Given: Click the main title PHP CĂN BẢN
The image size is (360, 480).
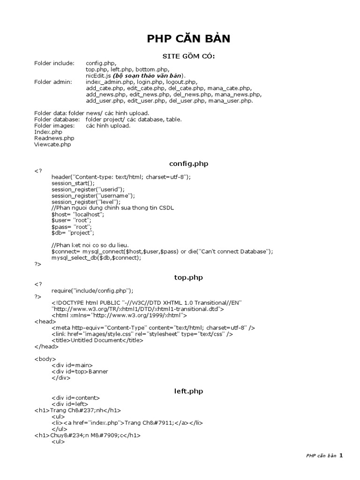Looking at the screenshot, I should (x=188, y=39).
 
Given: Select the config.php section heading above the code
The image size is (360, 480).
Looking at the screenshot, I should (x=188, y=164).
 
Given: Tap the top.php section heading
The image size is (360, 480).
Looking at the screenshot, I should (x=188, y=277).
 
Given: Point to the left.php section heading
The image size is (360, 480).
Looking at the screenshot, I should (x=188, y=391).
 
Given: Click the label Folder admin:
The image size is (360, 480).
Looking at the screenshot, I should (x=53, y=82).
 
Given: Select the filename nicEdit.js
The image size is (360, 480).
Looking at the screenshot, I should (x=98, y=75).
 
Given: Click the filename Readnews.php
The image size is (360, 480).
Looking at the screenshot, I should (x=54, y=138).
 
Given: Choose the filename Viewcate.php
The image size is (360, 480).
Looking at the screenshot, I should (x=52, y=145).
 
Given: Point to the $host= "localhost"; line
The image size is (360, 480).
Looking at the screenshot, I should (x=78, y=214).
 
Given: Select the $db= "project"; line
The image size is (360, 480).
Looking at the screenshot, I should (x=73, y=232).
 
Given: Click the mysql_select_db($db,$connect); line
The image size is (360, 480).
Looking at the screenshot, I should (x=96, y=258).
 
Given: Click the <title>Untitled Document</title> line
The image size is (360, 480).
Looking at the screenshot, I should (x=97, y=340).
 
